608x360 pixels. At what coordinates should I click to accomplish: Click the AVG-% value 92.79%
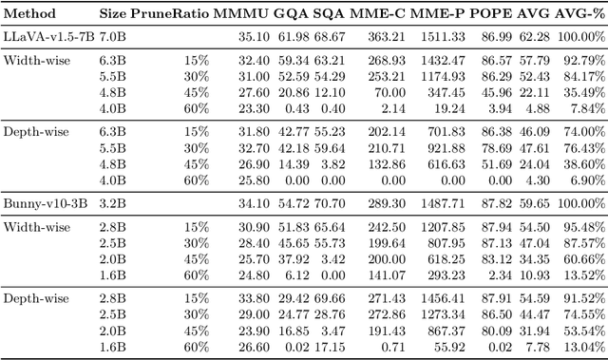tap(585, 60)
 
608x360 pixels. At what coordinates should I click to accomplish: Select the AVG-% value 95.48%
tap(585, 227)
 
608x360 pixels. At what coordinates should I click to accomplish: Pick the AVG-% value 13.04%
tap(585, 348)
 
